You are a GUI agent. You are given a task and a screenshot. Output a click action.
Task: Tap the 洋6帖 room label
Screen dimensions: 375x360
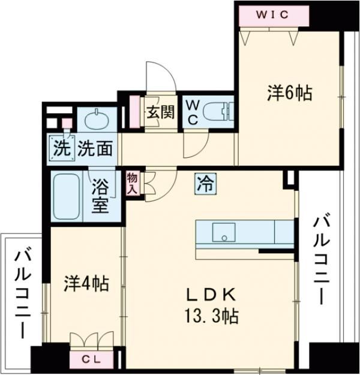[x=289, y=93]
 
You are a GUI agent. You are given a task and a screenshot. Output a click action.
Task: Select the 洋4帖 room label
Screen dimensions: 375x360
[x=86, y=283]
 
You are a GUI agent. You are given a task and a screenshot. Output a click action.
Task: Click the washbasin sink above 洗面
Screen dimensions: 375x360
[x=95, y=121]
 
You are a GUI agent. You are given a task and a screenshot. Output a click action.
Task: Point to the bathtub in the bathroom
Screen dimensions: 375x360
[x=67, y=196]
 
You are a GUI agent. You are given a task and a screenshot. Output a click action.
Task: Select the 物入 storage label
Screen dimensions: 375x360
[x=131, y=183]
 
